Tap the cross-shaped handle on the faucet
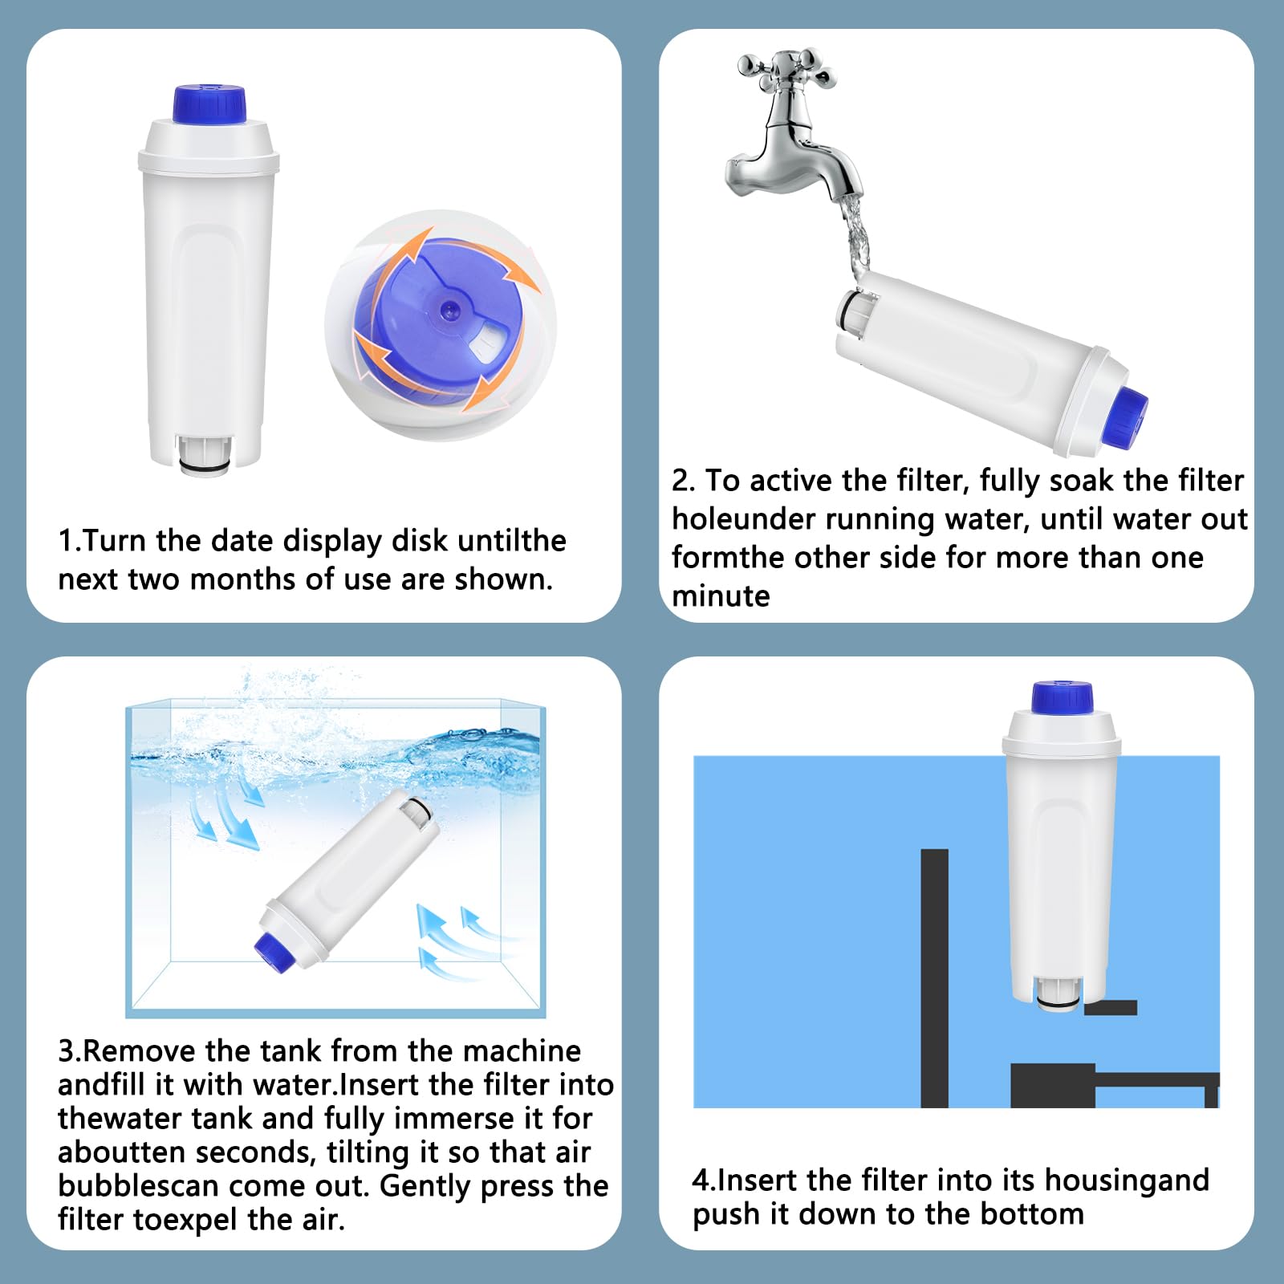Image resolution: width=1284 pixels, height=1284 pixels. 787,67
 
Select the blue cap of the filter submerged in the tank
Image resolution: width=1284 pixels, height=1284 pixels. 271,950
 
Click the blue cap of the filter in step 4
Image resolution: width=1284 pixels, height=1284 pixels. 1063,697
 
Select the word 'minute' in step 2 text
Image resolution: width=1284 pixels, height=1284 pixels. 721,596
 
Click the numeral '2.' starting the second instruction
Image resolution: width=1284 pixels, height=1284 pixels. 684,481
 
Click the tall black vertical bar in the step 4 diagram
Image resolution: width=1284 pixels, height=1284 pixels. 934,978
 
